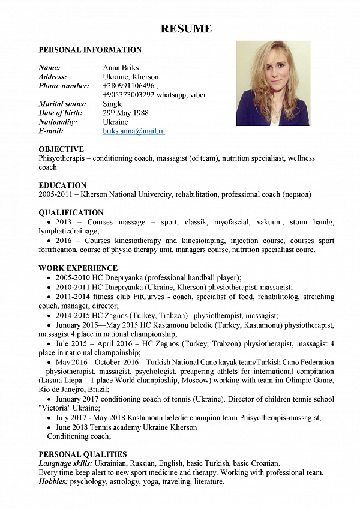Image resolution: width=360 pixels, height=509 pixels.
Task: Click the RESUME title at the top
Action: coord(186,29)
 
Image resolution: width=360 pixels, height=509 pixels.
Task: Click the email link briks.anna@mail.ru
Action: coord(134,131)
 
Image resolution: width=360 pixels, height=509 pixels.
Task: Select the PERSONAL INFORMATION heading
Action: coord(90,50)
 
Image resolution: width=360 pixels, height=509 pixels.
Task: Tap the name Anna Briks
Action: coord(121,68)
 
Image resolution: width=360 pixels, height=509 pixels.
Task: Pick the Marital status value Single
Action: coord(113,104)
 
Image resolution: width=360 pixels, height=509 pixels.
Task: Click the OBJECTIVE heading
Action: coord(61,149)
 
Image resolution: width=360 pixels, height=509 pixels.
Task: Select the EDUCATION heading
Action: coord(62,185)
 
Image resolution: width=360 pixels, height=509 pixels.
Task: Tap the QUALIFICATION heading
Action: coord(71,212)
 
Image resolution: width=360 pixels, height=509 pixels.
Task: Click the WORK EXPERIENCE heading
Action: coord(78,268)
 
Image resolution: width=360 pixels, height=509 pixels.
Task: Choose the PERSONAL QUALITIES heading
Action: coord(83,454)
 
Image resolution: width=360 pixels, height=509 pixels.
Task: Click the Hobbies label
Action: coord(53,481)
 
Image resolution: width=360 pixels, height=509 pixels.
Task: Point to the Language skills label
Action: coord(65,463)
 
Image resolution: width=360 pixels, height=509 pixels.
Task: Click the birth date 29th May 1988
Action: coord(125,113)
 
